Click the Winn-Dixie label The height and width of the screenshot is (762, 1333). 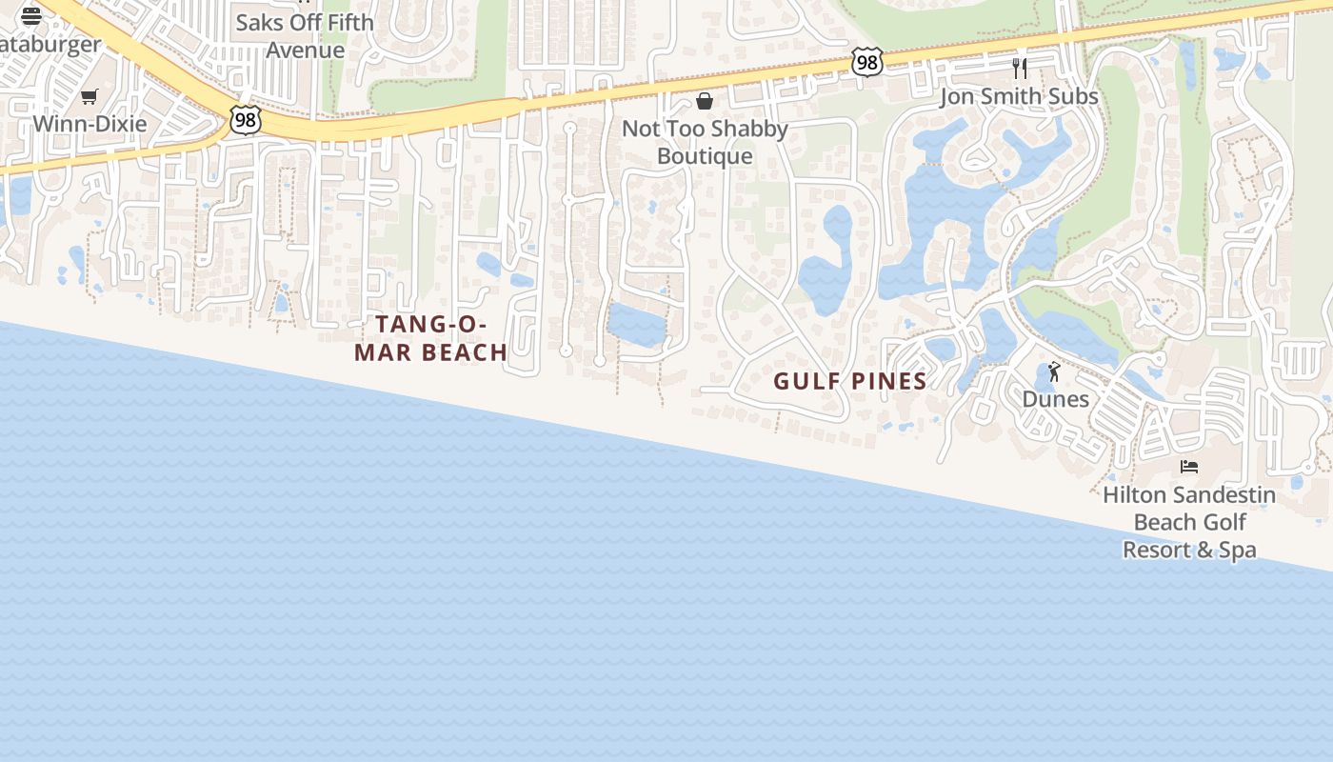click(x=90, y=124)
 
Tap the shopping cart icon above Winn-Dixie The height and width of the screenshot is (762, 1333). click(x=90, y=96)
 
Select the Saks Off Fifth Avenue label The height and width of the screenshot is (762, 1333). click(x=305, y=35)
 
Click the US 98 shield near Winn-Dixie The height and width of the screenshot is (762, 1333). click(x=245, y=120)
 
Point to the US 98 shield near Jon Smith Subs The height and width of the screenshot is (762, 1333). click(x=866, y=63)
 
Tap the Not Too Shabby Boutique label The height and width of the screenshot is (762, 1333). click(x=705, y=142)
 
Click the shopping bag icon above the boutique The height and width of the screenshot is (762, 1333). click(x=705, y=101)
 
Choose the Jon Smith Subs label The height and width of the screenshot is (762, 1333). click(x=1019, y=96)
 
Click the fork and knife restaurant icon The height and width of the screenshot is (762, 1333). click(x=1019, y=69)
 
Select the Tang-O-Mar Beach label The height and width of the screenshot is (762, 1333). click(x=430, y=338)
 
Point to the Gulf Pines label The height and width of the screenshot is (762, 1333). click(x=849, y=381)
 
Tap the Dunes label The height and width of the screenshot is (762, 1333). click(x=1055, y=399)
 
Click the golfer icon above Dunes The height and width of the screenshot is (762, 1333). click(x=1054, y=371)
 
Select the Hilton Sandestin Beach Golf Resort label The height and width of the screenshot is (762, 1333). click(x=1189, y=522)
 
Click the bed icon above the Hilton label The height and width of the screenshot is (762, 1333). click(x=1189, y=467)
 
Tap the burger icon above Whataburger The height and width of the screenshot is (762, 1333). click(x=31, y=15)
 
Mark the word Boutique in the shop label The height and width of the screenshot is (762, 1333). click(x=705, y=156)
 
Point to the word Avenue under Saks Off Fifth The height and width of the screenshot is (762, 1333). click(x=305, y=50)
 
